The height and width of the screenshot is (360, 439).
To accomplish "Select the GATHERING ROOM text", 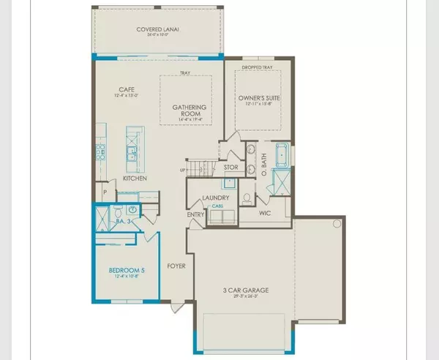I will click(x=190, y=111).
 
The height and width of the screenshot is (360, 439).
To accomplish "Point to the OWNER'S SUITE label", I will click(x=260, y=97).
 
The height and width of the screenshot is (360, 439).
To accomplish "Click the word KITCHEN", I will click(x=135, y=178).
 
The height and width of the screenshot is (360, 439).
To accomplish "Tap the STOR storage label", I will click(x=230, y=168).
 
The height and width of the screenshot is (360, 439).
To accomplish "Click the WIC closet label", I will click(x=267, y=214).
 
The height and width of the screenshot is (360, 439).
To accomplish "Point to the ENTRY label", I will click(x=195, y=214).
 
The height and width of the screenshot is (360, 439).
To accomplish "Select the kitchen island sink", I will click(x=131, y=153).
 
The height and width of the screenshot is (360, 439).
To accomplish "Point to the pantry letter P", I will click(x=105, y=193).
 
